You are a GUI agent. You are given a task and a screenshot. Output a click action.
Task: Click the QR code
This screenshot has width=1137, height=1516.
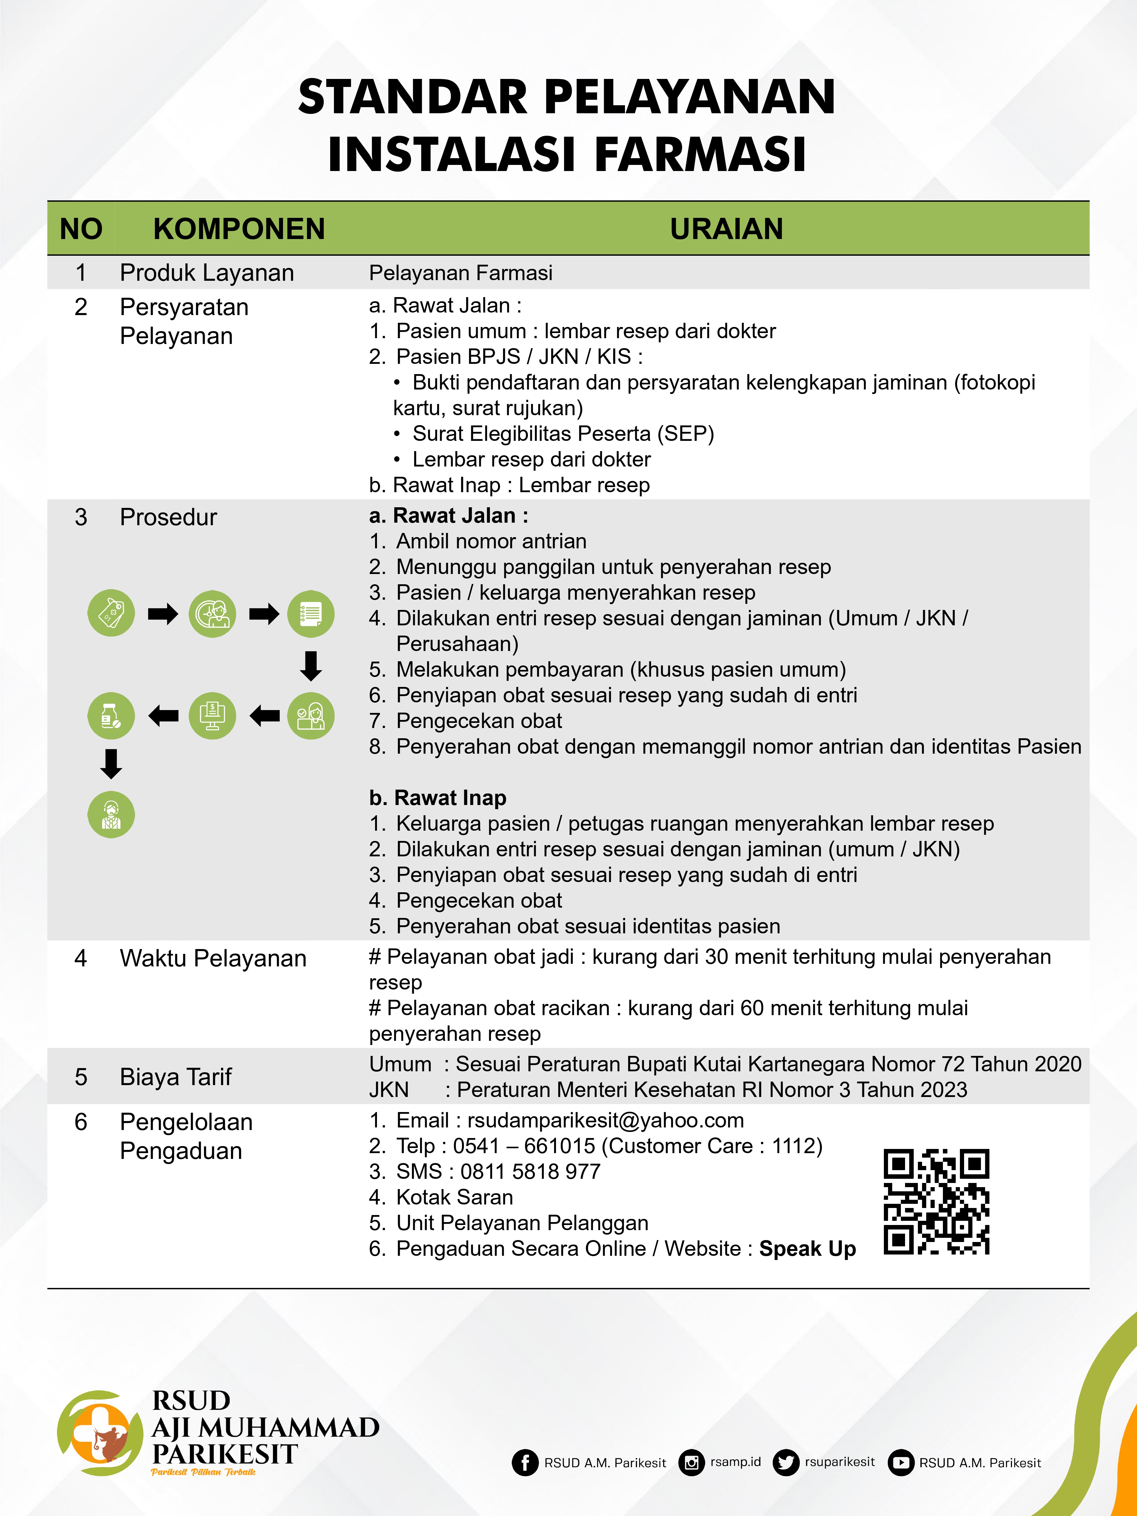pos(936,1202)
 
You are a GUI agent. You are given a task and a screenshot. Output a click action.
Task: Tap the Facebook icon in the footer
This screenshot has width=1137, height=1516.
pos(525,1462)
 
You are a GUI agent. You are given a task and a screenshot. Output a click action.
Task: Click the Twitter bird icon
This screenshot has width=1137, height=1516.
pos(785,1462)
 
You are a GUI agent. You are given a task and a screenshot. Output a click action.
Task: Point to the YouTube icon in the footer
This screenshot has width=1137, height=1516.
pos(901,1462)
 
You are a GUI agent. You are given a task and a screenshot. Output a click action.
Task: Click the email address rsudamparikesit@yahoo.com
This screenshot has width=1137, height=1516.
pos(605,1120)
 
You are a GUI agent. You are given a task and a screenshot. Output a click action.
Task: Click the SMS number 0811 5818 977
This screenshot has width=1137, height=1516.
pos(530,1171)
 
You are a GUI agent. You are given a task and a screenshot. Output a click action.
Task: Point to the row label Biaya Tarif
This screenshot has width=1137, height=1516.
pos(175,1077)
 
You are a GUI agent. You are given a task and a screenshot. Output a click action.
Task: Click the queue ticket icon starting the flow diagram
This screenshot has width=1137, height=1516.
pos(111,613)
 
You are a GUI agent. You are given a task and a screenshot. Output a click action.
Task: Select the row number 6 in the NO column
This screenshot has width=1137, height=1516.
pos(81,1122)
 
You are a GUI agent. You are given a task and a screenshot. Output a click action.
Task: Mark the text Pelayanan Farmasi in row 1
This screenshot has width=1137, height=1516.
pos(461,273)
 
